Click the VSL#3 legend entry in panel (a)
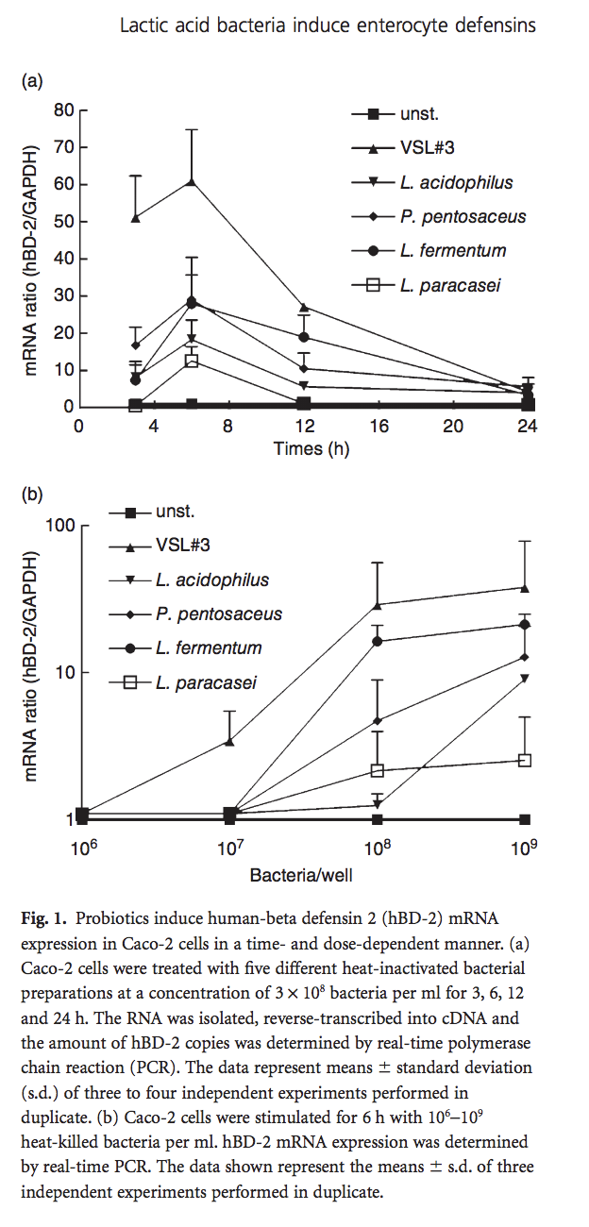[x=415, y=148]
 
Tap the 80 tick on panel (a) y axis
[x=63, y=110]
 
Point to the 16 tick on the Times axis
[x=378, y=427]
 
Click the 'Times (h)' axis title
[x=311, y=449]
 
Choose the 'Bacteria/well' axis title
[x=301, y=875]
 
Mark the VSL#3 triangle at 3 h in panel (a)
[x=136, y=218]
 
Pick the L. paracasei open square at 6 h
[x=192, y=361]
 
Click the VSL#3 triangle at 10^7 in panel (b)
[x=229, y=742]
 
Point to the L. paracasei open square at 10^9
[x=525, y=760]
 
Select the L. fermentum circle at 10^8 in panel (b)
[x=378, y=641]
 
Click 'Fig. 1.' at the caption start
[x=44, y=917]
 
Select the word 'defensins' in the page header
[x=492, y=25]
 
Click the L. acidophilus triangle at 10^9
[x=525, y=678]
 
